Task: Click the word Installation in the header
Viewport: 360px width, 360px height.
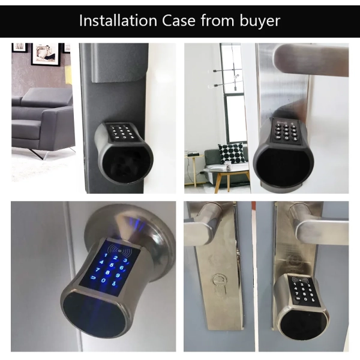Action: [118, 20]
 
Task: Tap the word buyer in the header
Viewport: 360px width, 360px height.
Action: [260, 21]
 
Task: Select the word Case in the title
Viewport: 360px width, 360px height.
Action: [178, 20]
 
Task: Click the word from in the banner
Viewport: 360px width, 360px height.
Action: [217, 20]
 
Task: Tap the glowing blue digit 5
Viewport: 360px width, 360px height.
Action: [112, 265]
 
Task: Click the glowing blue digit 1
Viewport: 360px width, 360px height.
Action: [106, 255]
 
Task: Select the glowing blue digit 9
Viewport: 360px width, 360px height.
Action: [118, 275]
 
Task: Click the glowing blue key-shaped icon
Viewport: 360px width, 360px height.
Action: [113, 283]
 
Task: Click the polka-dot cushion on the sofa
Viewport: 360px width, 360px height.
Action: [230, 153]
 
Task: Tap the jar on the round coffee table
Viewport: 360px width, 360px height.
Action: [227, 166]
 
